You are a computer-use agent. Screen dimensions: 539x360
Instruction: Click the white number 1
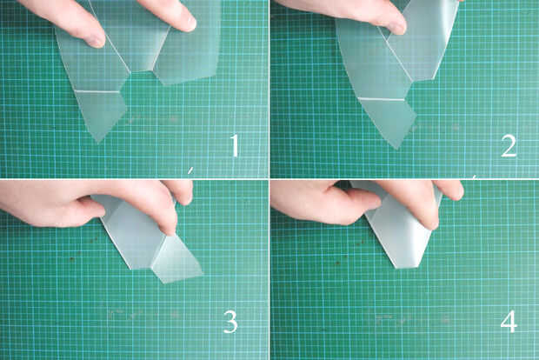[235, 145]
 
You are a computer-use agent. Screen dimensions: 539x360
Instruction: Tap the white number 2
[509, 146]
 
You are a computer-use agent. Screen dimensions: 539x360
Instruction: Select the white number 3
[230, 322]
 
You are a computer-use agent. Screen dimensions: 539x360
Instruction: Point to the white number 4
[509, 321]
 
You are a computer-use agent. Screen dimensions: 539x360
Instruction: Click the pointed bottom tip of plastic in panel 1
[98, 141]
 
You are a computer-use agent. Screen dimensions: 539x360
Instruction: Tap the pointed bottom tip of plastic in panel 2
[397, 148]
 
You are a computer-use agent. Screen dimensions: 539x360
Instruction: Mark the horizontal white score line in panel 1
[97, 91]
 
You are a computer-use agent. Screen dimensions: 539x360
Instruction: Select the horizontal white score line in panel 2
[382, 99]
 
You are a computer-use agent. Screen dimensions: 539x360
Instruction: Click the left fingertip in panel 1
[96, 40]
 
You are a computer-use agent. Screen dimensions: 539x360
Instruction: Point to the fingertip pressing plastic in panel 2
[397, 27]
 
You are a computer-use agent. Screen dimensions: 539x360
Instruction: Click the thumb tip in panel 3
[96, 208]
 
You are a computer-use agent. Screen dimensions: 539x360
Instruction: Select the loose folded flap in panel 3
[176, 259]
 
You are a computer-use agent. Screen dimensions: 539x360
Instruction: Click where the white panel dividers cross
[269, 179]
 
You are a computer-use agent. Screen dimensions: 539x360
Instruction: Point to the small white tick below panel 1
[190, 170]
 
